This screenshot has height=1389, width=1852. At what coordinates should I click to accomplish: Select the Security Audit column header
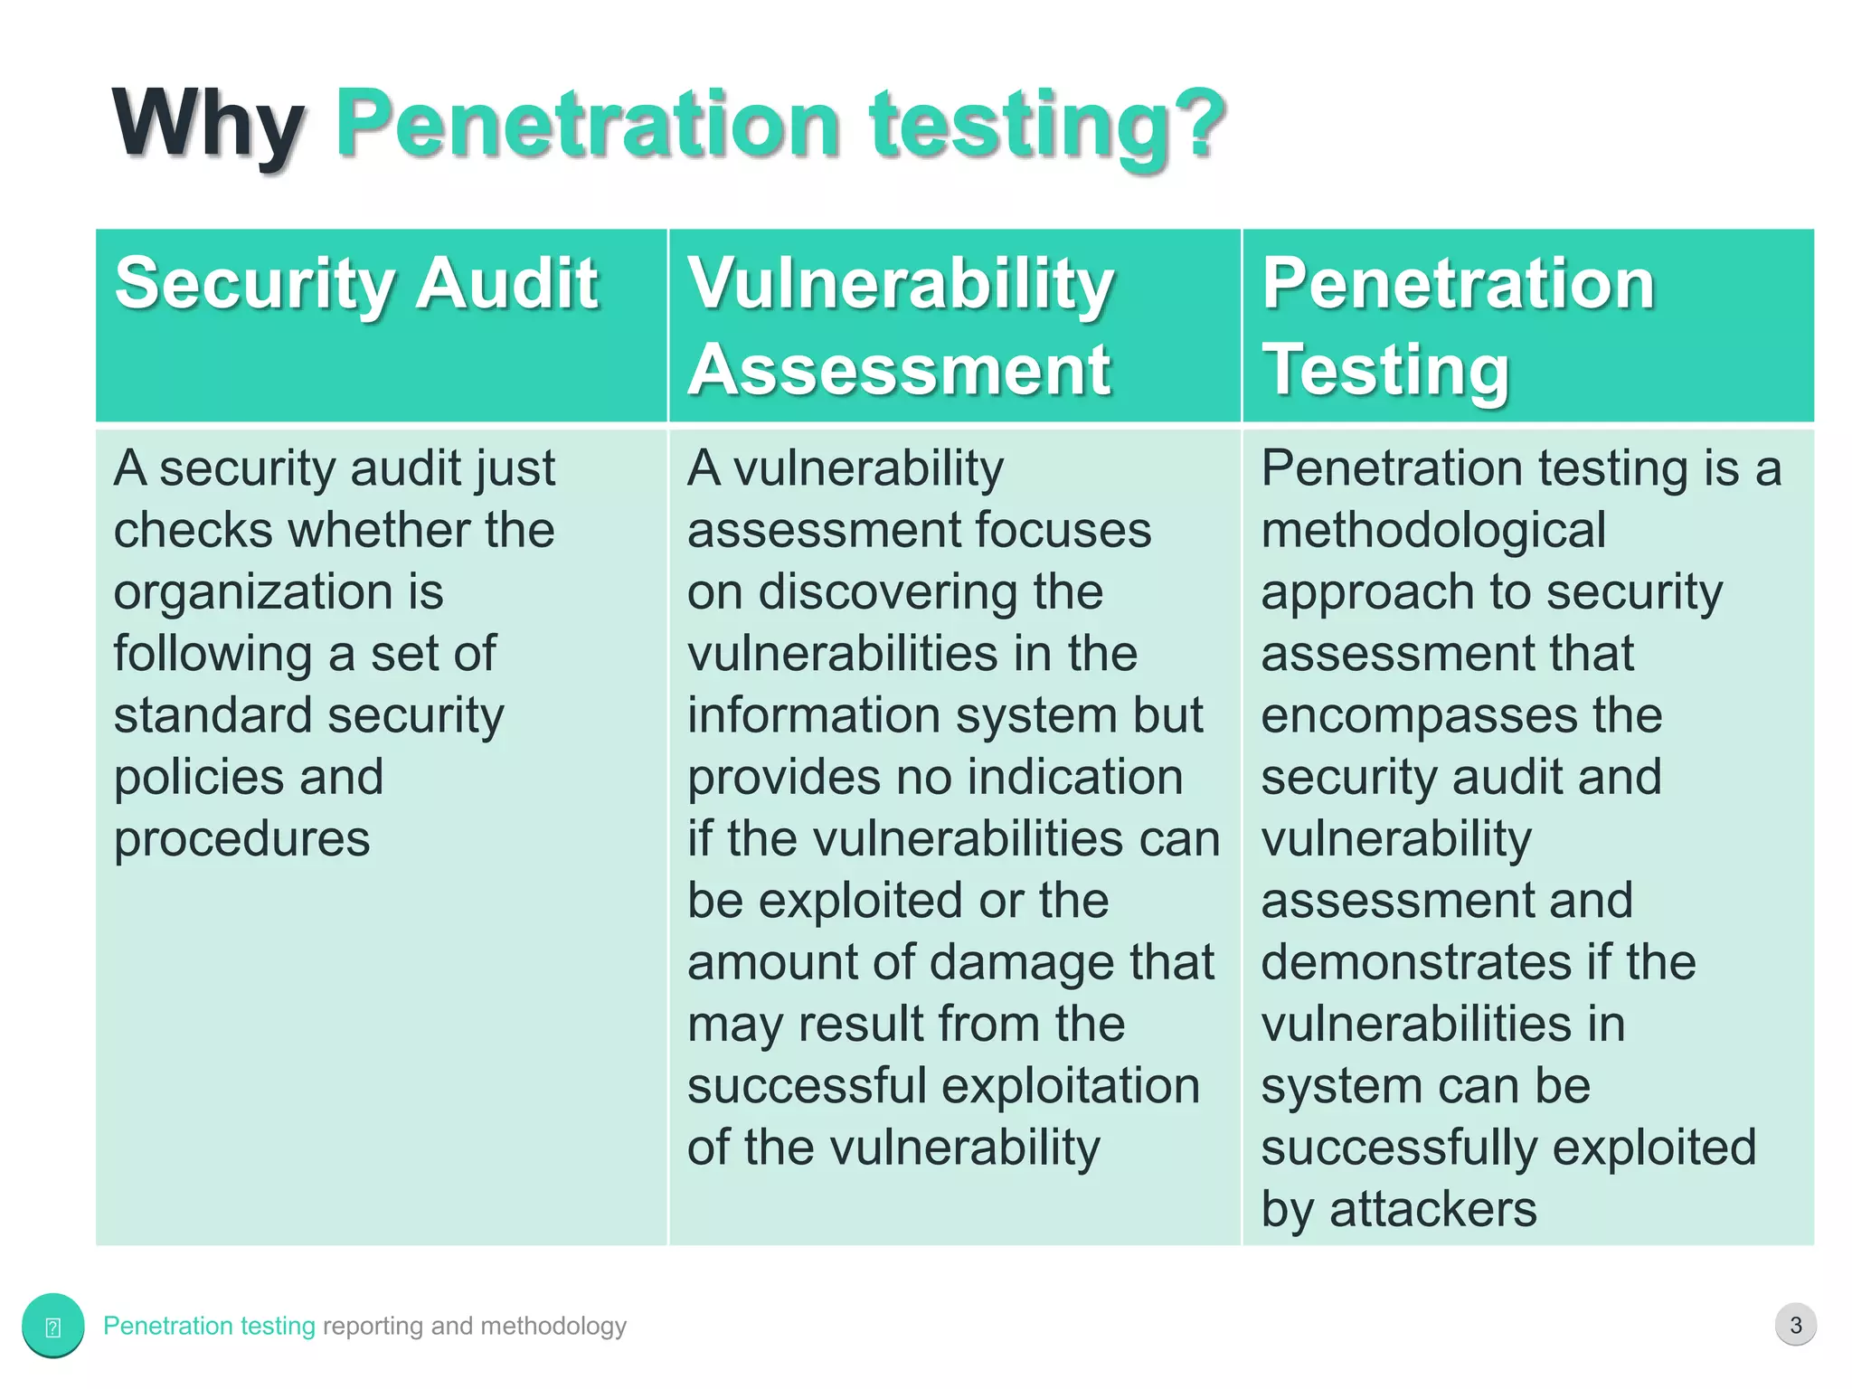pyautogui.click(x=356, y=284)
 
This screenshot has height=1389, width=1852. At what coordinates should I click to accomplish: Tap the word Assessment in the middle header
pyautogui.click(x=899, y=370)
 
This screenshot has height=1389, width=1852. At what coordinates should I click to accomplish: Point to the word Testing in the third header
pyautogui.click(x=1385, y=370)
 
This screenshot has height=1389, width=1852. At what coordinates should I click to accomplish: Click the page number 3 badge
pyautogui.click(x=1795, y=1325)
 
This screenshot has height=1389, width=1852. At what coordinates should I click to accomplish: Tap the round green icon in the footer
pyautogui.click(x=53, y=1326)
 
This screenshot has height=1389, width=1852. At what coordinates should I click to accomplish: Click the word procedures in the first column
pyautogui.click(x=241, y=838)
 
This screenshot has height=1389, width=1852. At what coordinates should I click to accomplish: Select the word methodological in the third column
pyautogui.click(x=1432, y=531)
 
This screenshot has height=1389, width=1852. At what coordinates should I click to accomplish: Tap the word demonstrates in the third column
pyautogui.click(x=1416, y=962)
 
